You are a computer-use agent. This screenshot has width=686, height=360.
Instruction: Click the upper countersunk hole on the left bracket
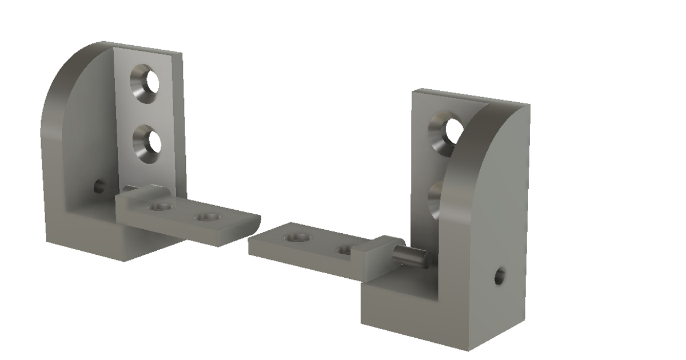coord(147,84)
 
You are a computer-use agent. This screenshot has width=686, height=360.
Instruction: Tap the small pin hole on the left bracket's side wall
coord(99,186)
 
